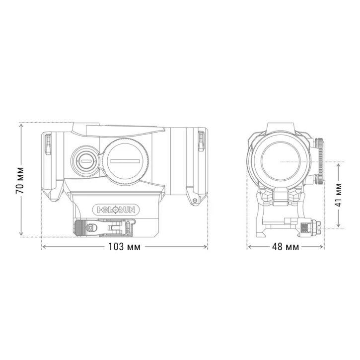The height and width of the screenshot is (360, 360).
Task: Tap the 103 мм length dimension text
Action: click(124, 247)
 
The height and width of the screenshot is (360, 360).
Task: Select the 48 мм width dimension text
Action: click(286, 247)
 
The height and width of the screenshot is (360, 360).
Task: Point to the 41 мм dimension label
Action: click(339, 195)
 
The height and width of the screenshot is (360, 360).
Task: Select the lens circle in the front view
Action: click(282, 162)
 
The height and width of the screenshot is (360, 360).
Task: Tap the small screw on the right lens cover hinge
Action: click(195, 200)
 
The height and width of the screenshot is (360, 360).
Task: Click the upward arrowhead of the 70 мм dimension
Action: click(21, 126)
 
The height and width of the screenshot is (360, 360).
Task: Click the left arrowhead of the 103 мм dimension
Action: click(44, 247)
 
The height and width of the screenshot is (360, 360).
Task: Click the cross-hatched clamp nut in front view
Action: click(303, 228)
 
